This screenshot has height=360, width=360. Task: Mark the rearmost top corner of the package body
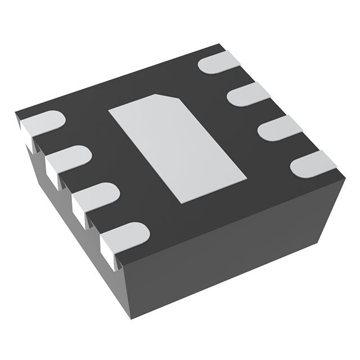[x=219, y=44]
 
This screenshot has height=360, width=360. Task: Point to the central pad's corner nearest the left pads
[x=109, y=109]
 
